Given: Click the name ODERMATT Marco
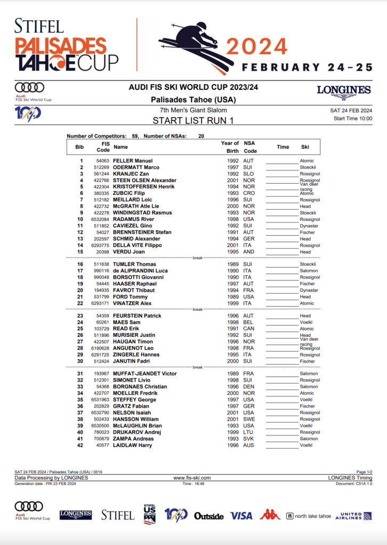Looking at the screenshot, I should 137,167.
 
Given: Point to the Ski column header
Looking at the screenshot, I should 305,147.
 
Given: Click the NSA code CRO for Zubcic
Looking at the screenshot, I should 249,193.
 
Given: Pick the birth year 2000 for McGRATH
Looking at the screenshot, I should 233,206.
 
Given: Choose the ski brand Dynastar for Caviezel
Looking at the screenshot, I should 308,226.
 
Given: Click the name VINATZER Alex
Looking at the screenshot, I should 132,303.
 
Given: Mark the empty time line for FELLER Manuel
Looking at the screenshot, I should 283,161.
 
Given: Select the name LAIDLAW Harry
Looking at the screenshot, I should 132,445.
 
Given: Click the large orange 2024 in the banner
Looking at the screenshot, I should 257,47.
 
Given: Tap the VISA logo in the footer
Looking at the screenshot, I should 241,515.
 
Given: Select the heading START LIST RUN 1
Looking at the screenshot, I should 193,121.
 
